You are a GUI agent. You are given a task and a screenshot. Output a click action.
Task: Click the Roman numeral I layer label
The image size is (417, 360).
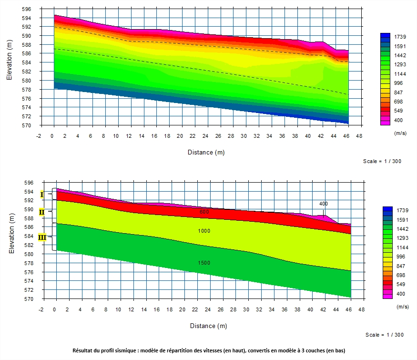coord(42,195)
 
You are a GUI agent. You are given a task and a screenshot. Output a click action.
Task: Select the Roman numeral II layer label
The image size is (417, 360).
coord(42,212)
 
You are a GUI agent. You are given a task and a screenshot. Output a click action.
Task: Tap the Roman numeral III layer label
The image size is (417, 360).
coord(42,237)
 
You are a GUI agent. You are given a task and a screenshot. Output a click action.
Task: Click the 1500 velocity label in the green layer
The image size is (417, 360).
coord(204,263)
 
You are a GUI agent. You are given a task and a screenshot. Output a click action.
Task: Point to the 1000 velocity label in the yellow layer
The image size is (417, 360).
coord(204,231)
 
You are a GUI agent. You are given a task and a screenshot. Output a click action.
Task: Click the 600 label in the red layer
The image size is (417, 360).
coord(204,212)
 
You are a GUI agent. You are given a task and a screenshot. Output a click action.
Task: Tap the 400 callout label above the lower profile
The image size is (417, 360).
coord(324,204)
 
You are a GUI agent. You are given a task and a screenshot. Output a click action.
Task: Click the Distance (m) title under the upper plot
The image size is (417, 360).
coord(205,153)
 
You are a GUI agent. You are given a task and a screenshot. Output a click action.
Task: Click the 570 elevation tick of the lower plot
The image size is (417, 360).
coord(29,299)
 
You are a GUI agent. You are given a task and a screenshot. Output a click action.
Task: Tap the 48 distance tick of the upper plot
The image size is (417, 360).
coord(359,136)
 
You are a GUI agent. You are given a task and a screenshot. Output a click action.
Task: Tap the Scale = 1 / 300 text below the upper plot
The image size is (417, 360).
coord(382,161)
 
